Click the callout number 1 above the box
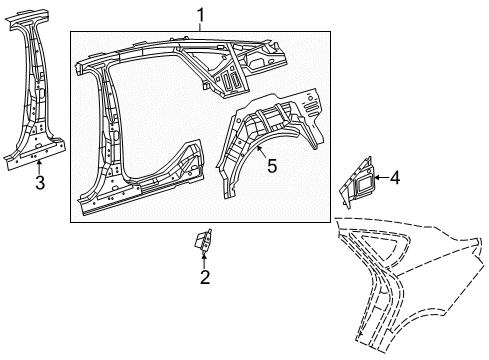200,14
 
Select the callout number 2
204,277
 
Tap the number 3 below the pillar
39,182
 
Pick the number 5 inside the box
270,166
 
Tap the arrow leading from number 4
379,178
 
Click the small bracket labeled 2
203,240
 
